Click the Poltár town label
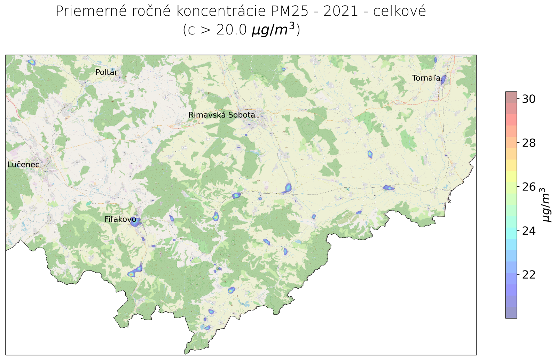pos(107,72)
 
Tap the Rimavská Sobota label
pos(221,115)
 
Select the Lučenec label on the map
pos(23,165)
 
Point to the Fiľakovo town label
pos(120,219)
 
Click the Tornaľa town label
pos(426,78)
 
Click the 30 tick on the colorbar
pos(528,99)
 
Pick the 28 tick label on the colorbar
pos(528,143)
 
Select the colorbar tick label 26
pos(528,187)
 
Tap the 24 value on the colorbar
pos(528,231)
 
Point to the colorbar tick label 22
pos(528,275)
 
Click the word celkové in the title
pos(399,11)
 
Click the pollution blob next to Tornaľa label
pos(443,80)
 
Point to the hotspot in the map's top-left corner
pos(32,62)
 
